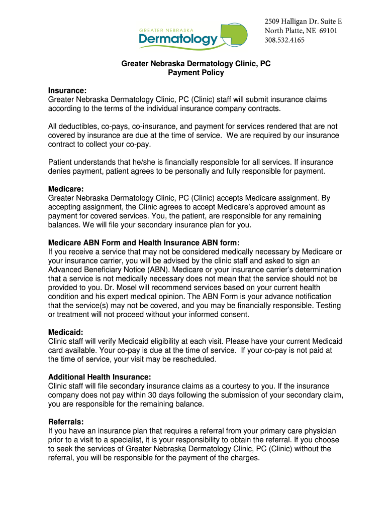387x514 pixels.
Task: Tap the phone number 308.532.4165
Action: [x=284, y=41]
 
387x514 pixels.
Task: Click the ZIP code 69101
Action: [x=327, y=31]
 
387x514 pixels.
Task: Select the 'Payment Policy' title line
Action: [x=196, y=73]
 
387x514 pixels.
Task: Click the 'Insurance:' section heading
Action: [x=67, y=90]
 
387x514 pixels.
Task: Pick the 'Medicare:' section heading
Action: [x=65, y=189]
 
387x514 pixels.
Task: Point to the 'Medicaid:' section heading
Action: [x=65, y=332]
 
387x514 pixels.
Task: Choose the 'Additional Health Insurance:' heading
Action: [x=100, y=377]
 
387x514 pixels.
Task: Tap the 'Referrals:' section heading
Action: [x=66, y=422]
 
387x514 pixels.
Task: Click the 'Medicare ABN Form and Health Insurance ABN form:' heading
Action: [x=140, y=242]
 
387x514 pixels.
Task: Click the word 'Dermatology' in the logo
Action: [x=178, y=39]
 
